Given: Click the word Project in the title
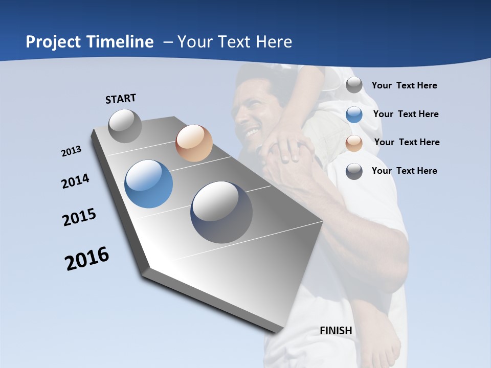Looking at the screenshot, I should pos(52,42).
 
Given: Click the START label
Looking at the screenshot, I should pos(121,99).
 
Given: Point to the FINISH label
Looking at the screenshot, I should pos(336,331).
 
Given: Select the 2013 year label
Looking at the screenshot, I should pos(72,151).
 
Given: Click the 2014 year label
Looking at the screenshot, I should pos(76,181).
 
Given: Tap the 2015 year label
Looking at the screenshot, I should pos(79,218).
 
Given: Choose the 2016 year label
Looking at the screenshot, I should pos(87,259).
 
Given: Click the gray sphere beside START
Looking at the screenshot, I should pos(125,126).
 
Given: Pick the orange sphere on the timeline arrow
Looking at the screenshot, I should pos(194,143).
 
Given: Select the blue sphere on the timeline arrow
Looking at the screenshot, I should pos(149,184).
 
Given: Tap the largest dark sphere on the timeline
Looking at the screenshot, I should pos(221,212).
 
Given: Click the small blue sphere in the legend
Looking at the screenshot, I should pos(354,114).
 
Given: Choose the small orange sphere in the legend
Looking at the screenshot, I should pos(354,143).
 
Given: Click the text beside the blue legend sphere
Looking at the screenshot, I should pos(406,114).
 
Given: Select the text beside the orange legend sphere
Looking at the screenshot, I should pos(407,142).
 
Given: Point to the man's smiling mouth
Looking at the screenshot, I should pos(252,133).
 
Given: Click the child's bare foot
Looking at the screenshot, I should pos(382,342).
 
